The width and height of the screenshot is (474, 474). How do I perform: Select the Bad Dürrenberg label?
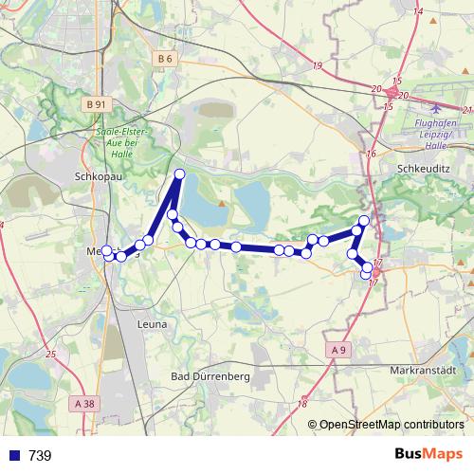click(209, 376)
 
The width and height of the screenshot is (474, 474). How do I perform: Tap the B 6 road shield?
click(164, 59)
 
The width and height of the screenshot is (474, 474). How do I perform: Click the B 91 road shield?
click(96, 103)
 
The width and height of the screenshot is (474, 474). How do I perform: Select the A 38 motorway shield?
click(84, 403)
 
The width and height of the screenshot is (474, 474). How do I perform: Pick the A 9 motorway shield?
click(339, 350)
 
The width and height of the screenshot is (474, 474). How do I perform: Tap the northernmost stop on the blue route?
click(180, 173)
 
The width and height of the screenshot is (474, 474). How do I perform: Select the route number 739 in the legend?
click(40, 456)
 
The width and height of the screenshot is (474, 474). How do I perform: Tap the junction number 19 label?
click(316, 64)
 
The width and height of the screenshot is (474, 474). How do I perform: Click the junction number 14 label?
click(419, 10)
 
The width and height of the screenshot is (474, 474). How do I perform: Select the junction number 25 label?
click(49, 355)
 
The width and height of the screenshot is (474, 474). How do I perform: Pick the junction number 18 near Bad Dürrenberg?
click(301, 405)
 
